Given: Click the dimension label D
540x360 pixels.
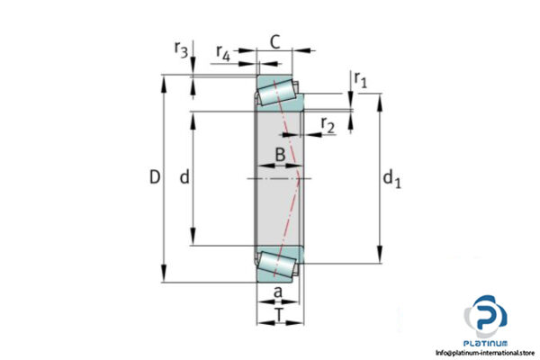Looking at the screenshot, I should pos(154,178).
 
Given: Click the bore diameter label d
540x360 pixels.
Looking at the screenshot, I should pos(184,178).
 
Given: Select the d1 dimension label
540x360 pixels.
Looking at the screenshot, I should pos(391,181).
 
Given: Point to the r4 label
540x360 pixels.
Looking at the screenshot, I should pos(222,55).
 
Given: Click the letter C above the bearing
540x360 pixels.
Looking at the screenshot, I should pos(275,40).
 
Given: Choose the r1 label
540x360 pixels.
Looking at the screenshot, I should pos(361,81).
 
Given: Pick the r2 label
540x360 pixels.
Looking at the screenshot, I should pos(328,126).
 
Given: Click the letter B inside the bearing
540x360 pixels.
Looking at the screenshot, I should pos(280,155).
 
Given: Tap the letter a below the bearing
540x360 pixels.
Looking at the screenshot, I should pos(277,292).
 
